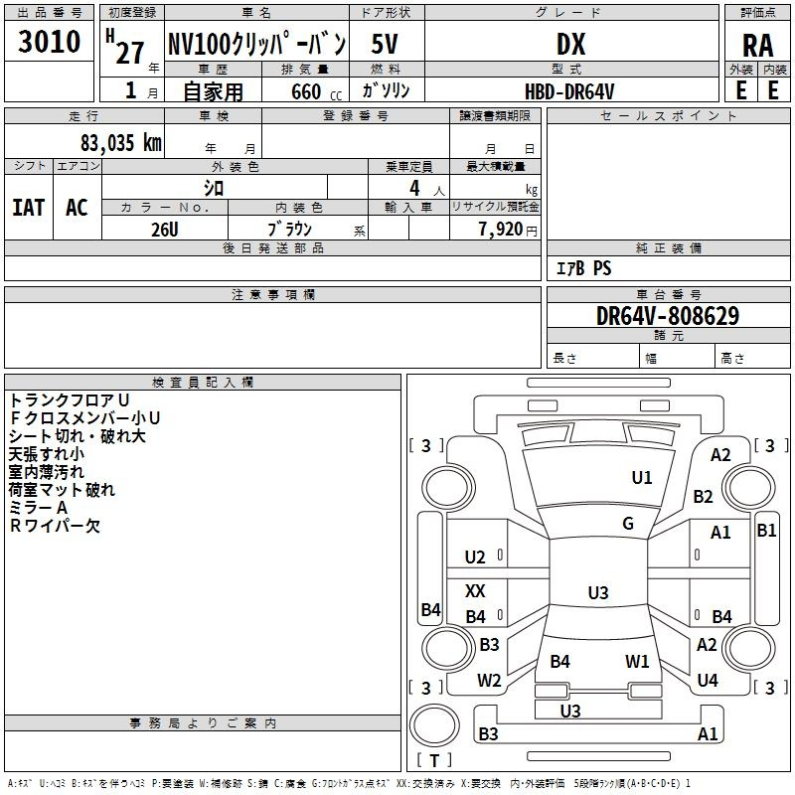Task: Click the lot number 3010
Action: (49, 42)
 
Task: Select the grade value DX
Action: (570, 44)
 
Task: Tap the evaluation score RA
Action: (758, 46)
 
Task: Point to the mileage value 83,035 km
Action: (121, 142)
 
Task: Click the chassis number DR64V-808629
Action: (668, 316)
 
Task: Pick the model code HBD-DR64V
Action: (569, 91)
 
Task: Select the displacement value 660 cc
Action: (316, 91)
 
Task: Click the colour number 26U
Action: (165, 230)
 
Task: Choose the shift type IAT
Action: (29, 208)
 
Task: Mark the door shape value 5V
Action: (385, 44)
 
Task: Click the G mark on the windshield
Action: (628, 523)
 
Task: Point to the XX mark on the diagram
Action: (475, 590)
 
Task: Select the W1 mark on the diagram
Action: (637, 661)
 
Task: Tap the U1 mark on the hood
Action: (641, 477)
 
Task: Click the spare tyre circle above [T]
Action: (434, 725)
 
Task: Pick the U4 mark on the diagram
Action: (708, 680)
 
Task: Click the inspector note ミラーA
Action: (38, 508)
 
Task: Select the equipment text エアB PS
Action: (583, 267)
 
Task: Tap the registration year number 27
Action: (130, 53)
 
